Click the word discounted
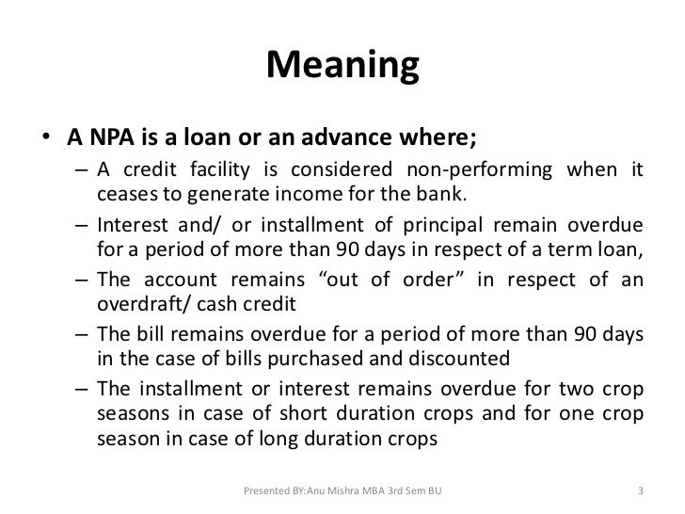pyautogui.click(x=459, y=361)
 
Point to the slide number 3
pyautogui.click(x=640, y=491)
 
